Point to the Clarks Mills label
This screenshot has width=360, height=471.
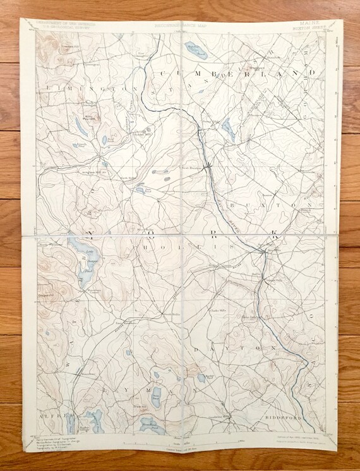coord(218,310)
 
